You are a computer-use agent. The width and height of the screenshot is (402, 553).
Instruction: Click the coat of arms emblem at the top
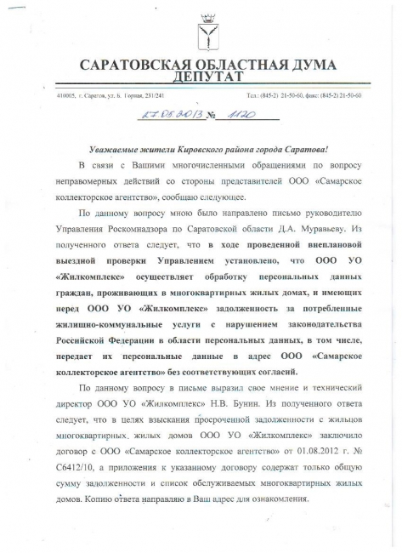(200, 31)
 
